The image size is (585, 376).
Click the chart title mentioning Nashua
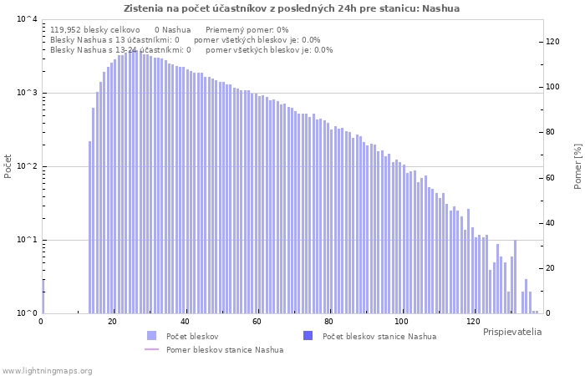(292, 8)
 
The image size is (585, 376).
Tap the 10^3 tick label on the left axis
(28, 92)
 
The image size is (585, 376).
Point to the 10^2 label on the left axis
(28, 166)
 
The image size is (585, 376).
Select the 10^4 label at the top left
(28, 18)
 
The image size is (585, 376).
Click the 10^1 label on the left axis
(28, 240)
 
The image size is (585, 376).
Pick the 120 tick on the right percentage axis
(552, 42)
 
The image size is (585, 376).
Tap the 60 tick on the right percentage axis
(550, 178)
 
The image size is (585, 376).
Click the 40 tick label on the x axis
(185, 322)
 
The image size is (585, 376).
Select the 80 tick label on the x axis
(328, 322)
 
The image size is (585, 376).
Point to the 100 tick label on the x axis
(401, 322)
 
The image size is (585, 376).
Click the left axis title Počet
(8, 166)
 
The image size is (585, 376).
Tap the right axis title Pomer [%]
(577, 166)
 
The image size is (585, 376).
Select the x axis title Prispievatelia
(512, 332)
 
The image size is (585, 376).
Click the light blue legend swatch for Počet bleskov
(151, 336)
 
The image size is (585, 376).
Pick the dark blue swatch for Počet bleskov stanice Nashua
(308, 336)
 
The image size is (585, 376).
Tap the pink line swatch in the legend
(151, 349)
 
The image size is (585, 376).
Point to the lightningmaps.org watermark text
(47, 371)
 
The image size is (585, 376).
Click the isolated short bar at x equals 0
(43, 297)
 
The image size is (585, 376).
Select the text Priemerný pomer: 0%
(247, 30)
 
